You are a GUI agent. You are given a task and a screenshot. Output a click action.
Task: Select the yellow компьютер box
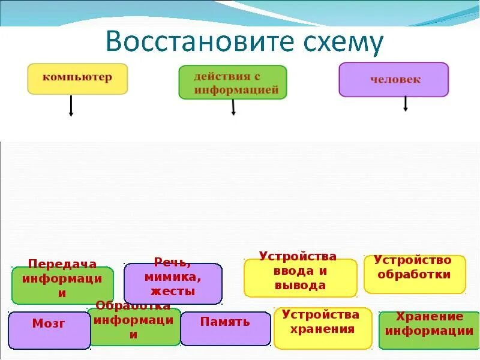[x=77, y=79]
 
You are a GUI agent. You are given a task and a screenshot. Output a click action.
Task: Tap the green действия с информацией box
[x=233, y=82]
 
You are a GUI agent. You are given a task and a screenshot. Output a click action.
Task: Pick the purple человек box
[x=394, y=79]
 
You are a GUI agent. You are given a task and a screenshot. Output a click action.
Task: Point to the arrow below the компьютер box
[x=71, y=106]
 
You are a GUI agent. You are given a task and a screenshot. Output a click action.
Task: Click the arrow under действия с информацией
[x=233, y=107]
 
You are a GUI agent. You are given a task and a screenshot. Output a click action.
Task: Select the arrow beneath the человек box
[x=406, y=104]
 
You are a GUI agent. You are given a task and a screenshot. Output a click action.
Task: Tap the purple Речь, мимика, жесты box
[x=173, y=283]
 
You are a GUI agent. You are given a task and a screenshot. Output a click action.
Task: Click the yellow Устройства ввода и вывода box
[x=300, y=277]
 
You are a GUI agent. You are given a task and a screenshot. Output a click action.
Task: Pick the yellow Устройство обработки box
[x=415, y=274]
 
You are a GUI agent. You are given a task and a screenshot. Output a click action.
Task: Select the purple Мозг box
[x=49, y=330]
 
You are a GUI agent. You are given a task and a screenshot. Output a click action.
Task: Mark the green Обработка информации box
[x=133, y=326]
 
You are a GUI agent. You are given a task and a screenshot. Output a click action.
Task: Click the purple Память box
[x=225, y=328]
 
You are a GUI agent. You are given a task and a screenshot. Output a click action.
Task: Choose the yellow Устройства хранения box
[x=323, y=328]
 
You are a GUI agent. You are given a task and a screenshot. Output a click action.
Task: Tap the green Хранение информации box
[x=429, y=329]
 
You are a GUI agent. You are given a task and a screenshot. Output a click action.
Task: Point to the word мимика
[x=173, y=277]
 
